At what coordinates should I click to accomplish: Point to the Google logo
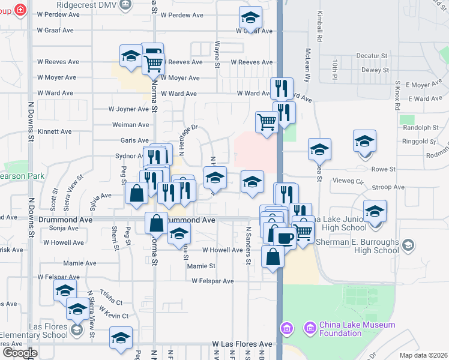pos(20,353)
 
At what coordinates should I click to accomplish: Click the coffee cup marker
pos(285,238)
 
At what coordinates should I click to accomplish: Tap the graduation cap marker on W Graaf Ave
pos(250,17)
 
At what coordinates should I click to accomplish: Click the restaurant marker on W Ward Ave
pos(281,88)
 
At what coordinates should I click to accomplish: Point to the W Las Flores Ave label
pos(242,344)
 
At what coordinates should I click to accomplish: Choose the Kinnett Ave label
pos(55,131)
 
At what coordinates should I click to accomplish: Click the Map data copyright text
pos(423,355)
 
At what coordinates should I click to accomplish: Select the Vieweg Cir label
pos(347,180)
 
